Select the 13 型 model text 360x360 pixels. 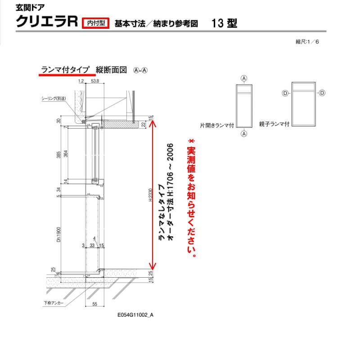[x=224, y=23]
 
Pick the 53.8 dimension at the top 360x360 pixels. [x=94, y=81]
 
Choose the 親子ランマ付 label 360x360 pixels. [x=274, y=123]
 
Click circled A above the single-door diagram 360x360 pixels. [x=244, y=78]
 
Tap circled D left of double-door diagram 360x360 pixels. [x=284, y=93]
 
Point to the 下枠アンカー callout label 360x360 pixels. [x=54, y=303]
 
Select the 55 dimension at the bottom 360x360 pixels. [x=94, y=305]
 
